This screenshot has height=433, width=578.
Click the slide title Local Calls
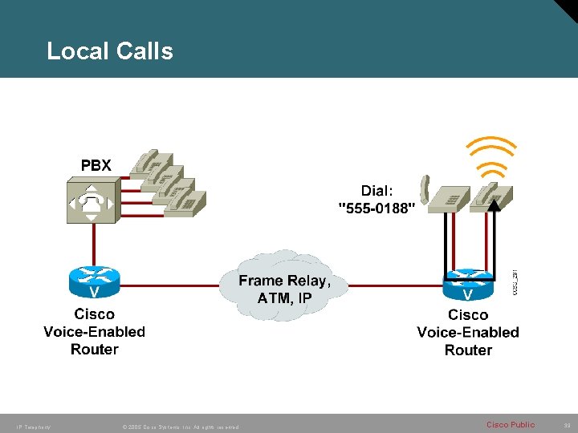tap(110, 51)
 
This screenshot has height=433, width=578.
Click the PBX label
tap(96, 165)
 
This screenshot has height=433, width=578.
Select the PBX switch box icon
tap(93, 201)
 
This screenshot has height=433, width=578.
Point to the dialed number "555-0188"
tap(377, 208)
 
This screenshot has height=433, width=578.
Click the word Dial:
tap(377, 191)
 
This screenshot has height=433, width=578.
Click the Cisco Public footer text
tap(510, 424)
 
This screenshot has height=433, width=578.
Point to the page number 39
tap(564, 424)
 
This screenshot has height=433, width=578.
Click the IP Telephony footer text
tap(33, 427)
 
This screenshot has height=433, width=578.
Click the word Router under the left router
tap(94, 349)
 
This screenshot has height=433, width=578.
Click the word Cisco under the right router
tap(467, 314)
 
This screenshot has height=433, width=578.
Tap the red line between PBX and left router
tap(94, 245)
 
